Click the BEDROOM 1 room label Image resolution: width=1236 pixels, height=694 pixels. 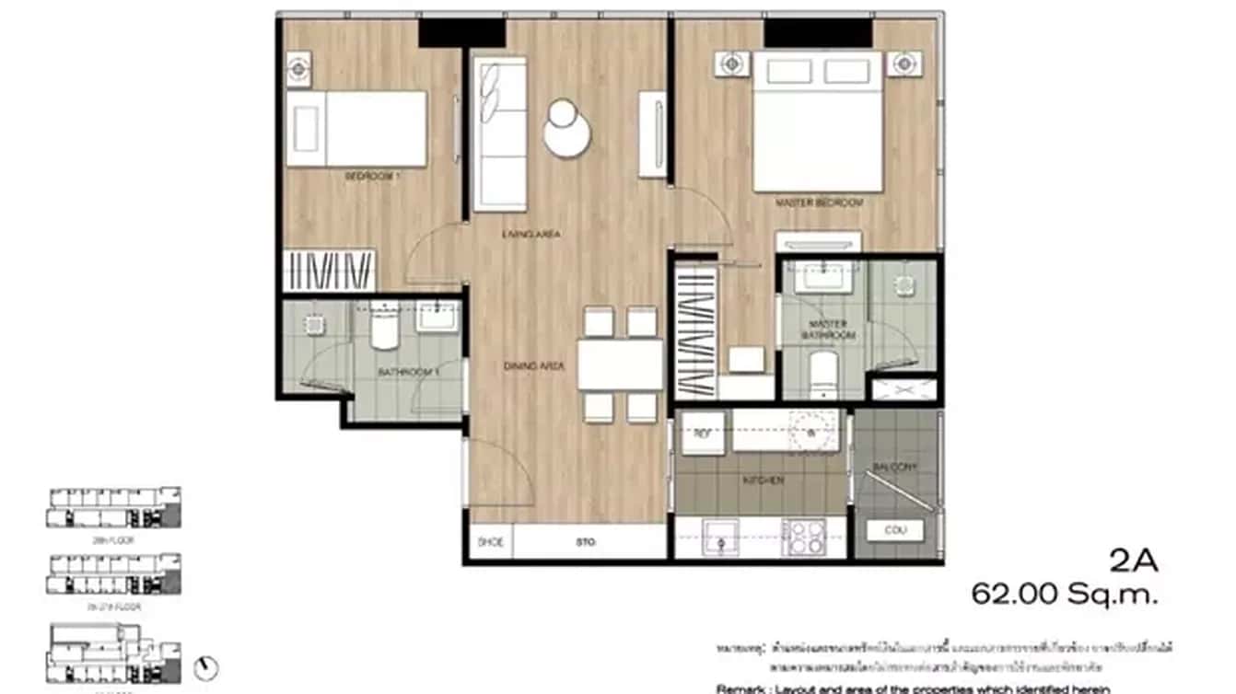[x=373, y=176]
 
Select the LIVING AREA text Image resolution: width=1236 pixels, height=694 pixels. [x=531, y=235]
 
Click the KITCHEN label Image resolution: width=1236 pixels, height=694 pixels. [x=764, y=480]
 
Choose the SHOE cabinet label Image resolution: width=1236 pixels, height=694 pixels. [x=491, y=542]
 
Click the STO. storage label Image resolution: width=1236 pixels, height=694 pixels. [x=586, y=542]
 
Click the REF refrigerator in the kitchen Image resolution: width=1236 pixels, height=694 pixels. [x=702, y=433]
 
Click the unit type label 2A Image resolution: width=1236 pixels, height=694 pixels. [x=1134, y=560]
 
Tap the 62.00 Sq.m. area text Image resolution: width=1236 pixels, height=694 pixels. [x=1064, y=595]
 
